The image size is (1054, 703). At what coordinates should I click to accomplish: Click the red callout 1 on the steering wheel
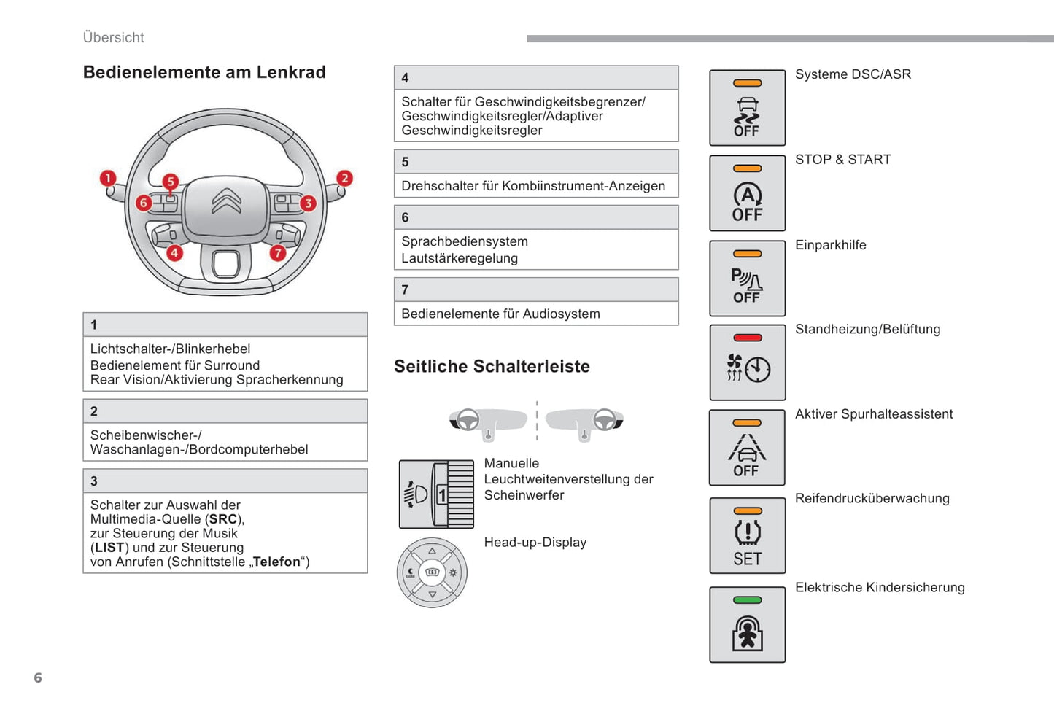108,178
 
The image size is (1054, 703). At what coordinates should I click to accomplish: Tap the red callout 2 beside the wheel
344,178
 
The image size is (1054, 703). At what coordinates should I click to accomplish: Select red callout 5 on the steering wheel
170,181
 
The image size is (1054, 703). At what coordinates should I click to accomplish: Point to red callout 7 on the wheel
277,253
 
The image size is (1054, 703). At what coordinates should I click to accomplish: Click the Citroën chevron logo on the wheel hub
226,201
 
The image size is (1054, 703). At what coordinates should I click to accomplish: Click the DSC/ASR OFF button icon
747,108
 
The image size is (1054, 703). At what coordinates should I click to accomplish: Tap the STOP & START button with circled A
747,193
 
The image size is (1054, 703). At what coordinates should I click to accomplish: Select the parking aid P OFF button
747,279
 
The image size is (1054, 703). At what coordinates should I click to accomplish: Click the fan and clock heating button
747,362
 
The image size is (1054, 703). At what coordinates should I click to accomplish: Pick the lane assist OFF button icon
747,448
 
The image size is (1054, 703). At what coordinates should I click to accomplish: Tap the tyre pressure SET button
747,536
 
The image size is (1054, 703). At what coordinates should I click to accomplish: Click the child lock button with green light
747,625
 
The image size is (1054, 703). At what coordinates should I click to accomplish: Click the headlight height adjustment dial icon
436,494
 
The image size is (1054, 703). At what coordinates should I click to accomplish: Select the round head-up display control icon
432,572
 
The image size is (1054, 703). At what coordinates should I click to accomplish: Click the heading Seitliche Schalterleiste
492,366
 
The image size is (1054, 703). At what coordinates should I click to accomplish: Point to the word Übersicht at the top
114,37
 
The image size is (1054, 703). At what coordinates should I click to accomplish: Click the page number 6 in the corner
38,677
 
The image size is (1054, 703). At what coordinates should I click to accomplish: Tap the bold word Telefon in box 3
276,562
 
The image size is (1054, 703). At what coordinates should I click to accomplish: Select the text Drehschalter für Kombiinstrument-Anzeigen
533,186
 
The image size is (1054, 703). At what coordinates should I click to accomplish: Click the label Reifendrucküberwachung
872,498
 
